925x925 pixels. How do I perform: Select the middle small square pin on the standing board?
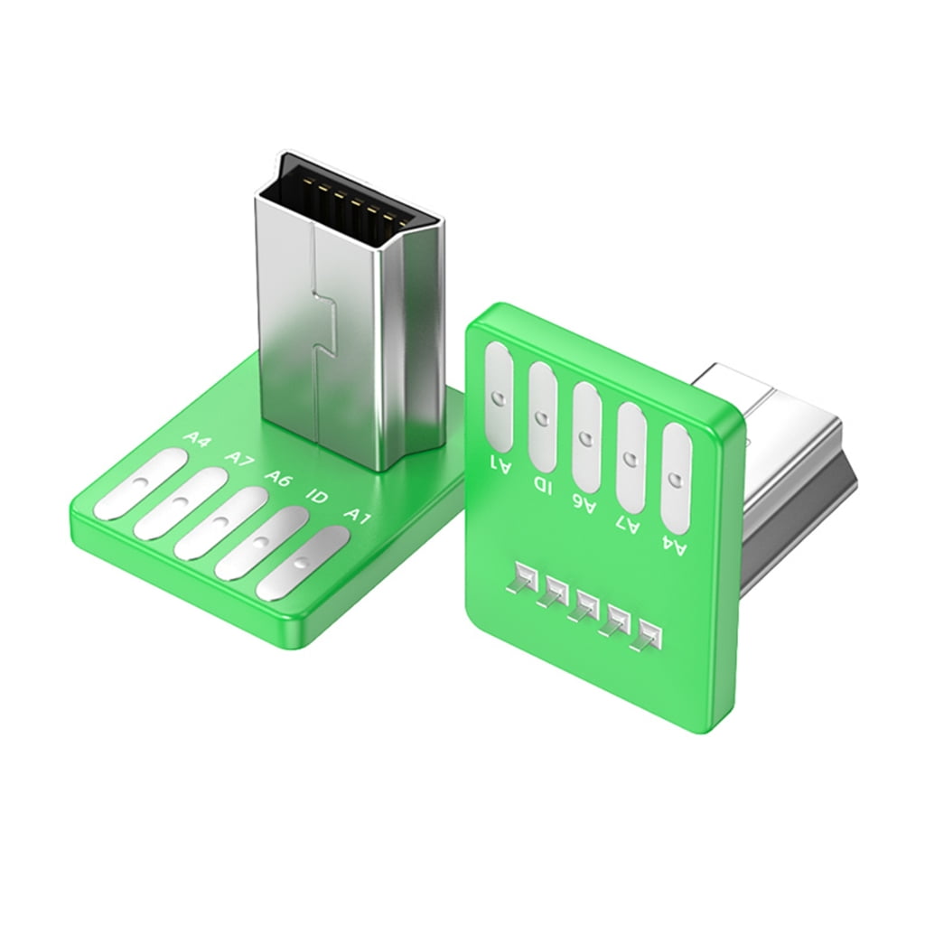(x=584, y=604)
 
